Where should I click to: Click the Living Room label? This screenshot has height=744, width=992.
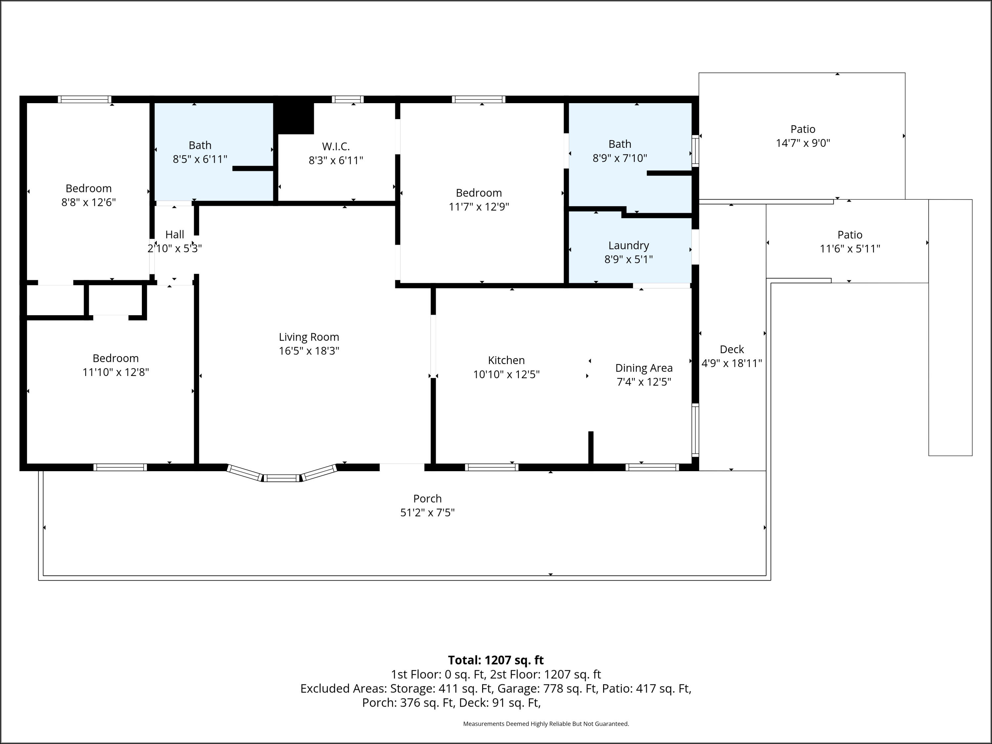click(x=309, y=337)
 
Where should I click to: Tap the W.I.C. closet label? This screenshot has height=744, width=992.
click(x=336, y=146)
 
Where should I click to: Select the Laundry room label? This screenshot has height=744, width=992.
click(x=629, y=246)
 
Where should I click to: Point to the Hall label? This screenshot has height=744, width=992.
click(x=175, y=234)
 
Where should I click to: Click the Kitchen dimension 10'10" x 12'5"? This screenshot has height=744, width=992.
click(x=506, y=374)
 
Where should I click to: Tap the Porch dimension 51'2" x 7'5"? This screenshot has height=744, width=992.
click(x=427, y=513)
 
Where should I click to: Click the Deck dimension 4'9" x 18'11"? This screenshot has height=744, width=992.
click(x=732, y=363)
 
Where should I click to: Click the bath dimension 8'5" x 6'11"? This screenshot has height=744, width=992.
click(x=200, y=159)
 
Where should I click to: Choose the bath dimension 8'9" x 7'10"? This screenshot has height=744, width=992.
click(x=620, y=158)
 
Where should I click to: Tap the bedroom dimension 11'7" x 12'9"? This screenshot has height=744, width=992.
click(x=479, y=207)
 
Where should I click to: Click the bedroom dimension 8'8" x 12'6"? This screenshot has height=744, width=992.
click(x=89, y=202)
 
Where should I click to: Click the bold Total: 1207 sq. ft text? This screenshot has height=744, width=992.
click(x=496, y=660)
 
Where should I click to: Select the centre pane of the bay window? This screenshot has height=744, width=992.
click(x=281, y=478)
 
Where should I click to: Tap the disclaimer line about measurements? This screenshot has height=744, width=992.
click(x=546, y=723)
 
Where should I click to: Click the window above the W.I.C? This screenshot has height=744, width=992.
click(x=348, y=100)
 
